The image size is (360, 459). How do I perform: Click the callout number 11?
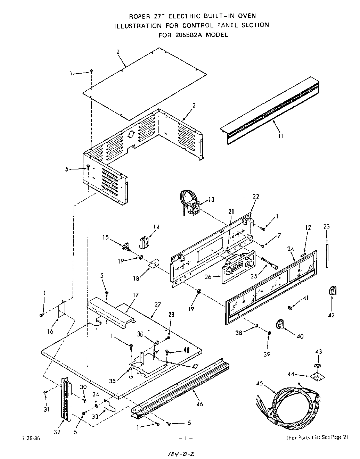point(280,136)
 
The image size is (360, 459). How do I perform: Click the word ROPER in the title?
point(139,16)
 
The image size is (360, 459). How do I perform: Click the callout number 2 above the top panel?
point(118,52)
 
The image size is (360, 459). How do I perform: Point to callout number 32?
point(57,432)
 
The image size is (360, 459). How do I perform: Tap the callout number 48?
point(187,351)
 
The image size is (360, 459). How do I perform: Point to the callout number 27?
point(157,304)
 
